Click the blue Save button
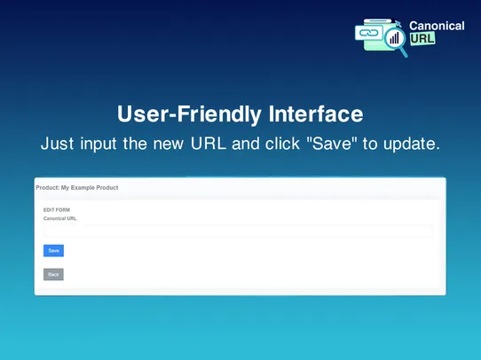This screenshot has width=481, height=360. tap(53, 251)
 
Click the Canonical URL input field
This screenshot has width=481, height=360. tap(238, 231)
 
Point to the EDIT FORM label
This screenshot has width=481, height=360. tap(57, 210)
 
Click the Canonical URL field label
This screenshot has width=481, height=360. tap(60, 218)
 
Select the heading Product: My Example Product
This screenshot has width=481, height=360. tap(77, 188)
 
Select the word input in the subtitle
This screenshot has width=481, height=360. tap(99, 144)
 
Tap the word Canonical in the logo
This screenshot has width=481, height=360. tap(437, 26)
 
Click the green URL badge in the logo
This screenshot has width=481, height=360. tap(422, 40)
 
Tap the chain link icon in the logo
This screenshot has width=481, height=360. tap(367, 33)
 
